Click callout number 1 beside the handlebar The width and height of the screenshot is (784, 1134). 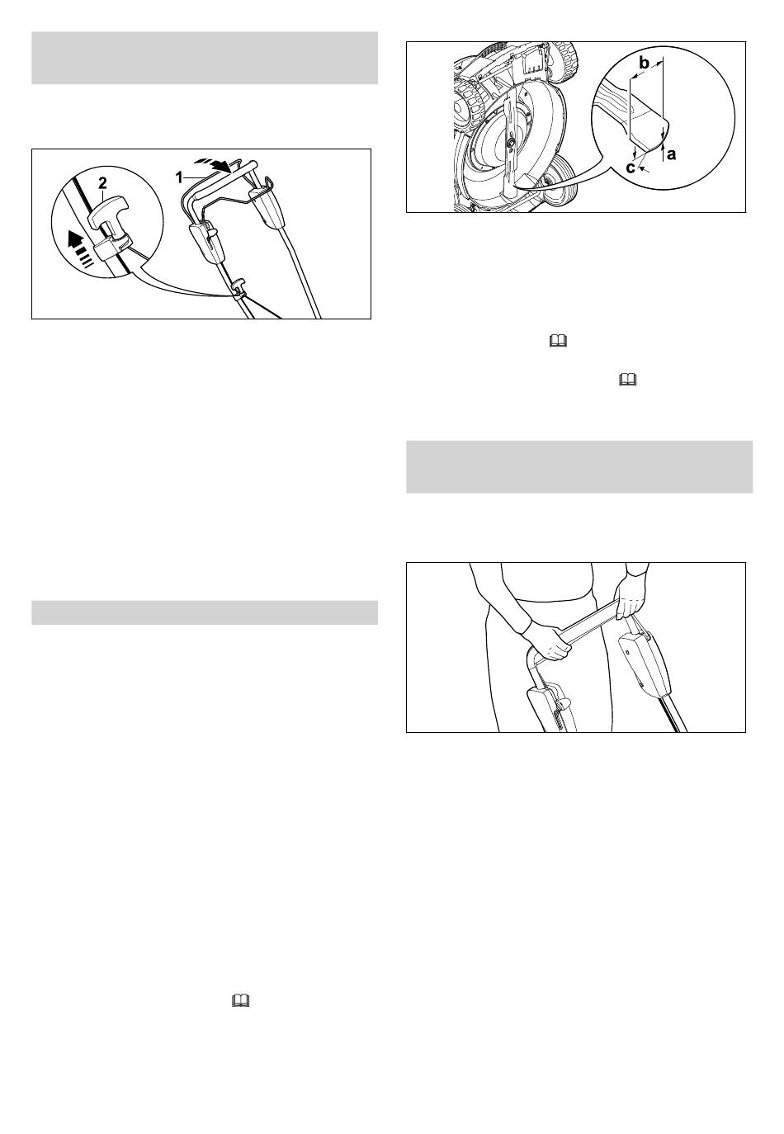tap(178, 177)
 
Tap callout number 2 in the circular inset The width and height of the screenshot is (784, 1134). tap(102, 183)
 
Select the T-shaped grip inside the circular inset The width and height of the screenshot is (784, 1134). tap(109, 215)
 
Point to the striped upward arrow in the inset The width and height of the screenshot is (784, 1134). tap(82, 249)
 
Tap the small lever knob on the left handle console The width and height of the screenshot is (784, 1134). tap(213, 232)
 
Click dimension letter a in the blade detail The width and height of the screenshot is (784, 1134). tap(671, 154)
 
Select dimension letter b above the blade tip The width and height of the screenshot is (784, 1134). tap(644, 64)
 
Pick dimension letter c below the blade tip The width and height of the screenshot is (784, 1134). tap(631, 168)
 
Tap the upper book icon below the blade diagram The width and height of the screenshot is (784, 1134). tap(558, 342)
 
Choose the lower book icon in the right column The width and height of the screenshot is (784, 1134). tap(627, 380)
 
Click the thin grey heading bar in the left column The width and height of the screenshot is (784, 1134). tap(205, 612)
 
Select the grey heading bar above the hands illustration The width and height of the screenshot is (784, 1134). tap(579, 466)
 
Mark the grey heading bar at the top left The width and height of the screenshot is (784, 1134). tap(205, 58)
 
